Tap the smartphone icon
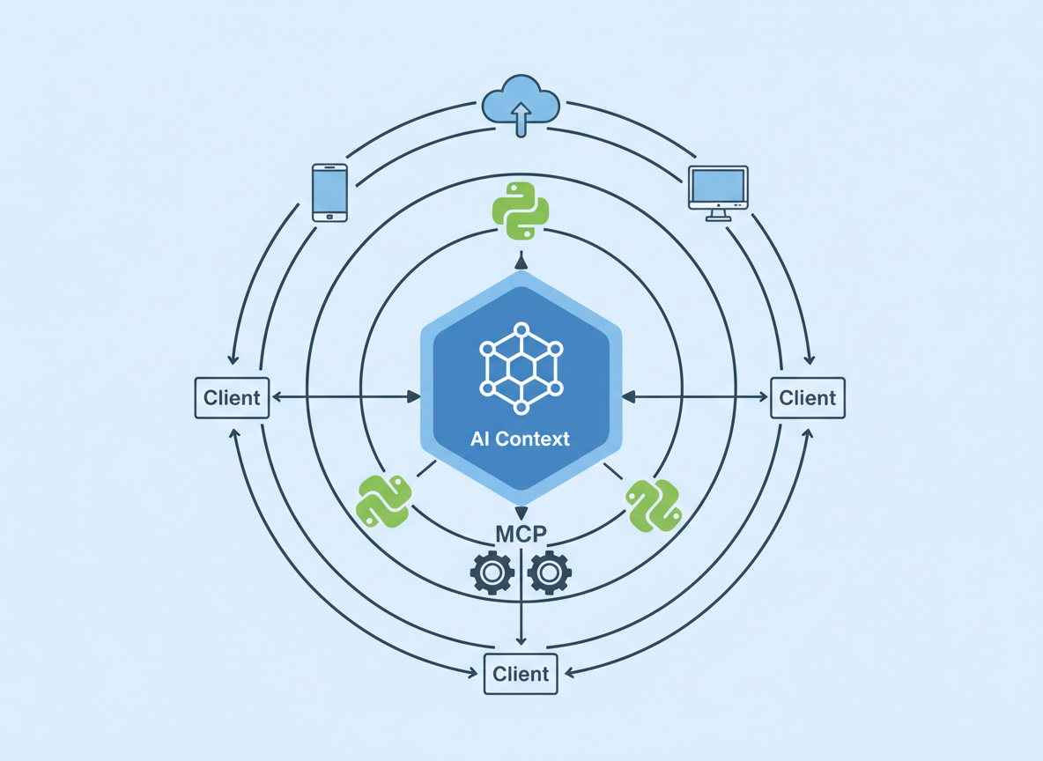(329, 192)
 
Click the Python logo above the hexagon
(521, 211)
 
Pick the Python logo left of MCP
(385, 500)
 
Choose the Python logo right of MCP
(653, 505)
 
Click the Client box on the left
(232, 397)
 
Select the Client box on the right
(807, 397)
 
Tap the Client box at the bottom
(521, 674)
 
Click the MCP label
(521, 534)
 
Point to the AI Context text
(520, 439)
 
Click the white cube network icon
(521, 368)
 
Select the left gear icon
(492, 573)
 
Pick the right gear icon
(549, 573)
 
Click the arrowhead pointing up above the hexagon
(521, 262)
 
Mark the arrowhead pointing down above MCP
(521, 513)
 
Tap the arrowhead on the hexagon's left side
(413, 397)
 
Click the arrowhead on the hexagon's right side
(629, 397)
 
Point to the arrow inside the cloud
(521, 118)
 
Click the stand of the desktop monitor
(718, 214)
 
